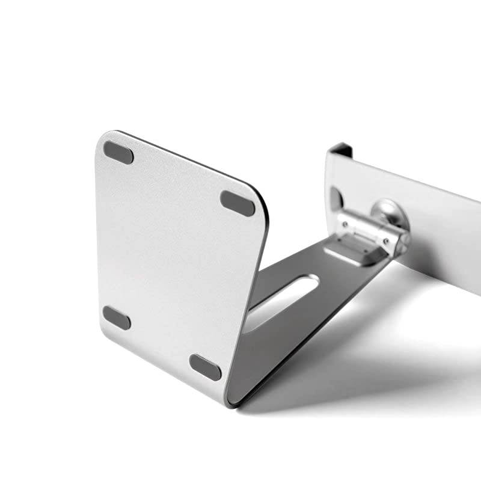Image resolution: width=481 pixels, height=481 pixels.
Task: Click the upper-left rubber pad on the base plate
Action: pyautogui.click(x=118, y=152)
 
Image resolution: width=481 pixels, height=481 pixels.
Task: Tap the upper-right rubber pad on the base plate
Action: pyautogui.click(x=237, y=203)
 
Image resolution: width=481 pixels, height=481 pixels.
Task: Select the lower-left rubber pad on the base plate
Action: pyautogui.click(x=117, y=317)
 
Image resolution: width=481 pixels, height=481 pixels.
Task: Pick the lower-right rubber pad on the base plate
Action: pyautogui.click(x=205, y=367)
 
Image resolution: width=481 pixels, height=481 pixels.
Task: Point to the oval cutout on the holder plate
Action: pyautogui.click(x=335, y=198)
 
